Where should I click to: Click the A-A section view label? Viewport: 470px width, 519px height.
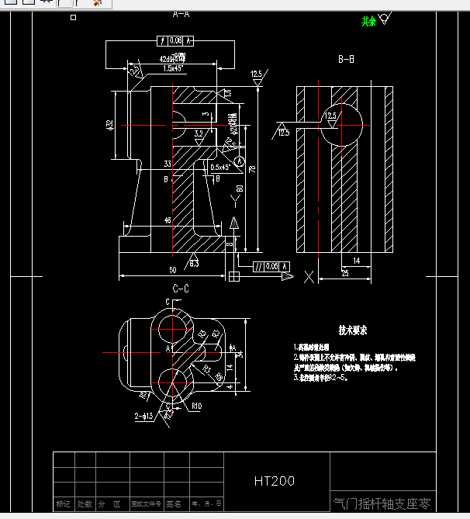tap(181, 14)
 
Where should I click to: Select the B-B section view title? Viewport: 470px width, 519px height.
tap(346, 59)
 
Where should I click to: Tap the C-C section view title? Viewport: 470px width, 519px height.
tap(181, 288)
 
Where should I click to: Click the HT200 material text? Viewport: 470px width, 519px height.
tap(275, 481)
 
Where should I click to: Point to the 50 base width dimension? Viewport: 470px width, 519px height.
tap(172, 270)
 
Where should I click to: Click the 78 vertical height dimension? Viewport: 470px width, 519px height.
tap(252, 168)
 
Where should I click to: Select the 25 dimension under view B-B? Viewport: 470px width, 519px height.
tap(345, 273)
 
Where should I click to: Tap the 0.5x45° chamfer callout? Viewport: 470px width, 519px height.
tap(221, 167)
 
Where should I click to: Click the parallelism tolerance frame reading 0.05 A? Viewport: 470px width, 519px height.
tap(272, 266)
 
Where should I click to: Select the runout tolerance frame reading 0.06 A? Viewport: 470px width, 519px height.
tap(175, 40)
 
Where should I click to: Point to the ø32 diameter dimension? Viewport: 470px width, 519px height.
tap(110, 124)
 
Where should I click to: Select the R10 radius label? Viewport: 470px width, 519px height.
tap(197, 406)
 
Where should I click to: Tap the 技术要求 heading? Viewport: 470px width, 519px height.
tap(352, 330)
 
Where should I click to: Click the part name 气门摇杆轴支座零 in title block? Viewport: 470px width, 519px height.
tap(381, 503)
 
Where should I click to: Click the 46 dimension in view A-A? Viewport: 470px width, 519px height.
tap(167, 221)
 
